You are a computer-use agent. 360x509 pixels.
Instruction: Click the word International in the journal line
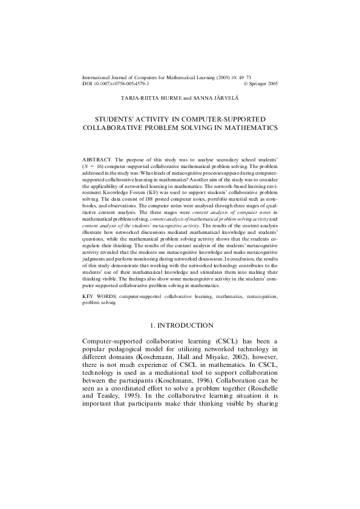pyautogui.click(x=97, y=78)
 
